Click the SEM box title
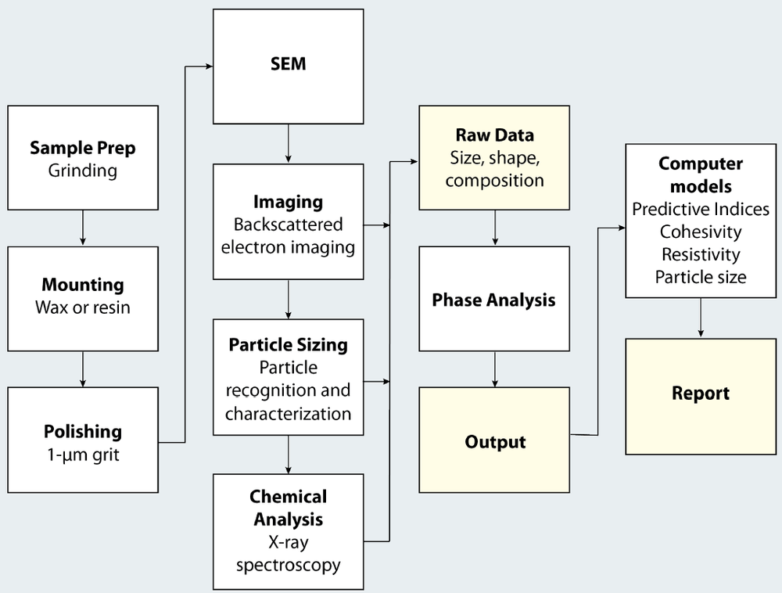point(289,63)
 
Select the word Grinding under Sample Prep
point(83,170)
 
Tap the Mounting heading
point(83,285)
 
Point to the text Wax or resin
point(83,307)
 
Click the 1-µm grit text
point(83,454)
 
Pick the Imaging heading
point(289,202)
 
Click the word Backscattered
point(289,225)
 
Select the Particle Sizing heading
point(289,345)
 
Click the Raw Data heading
point(494,135)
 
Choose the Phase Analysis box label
point(494,300)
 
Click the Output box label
point(494,442)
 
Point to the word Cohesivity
point(701,232)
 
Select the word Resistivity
point(701,255)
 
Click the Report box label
point(701,394)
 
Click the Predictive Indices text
point(701,210)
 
